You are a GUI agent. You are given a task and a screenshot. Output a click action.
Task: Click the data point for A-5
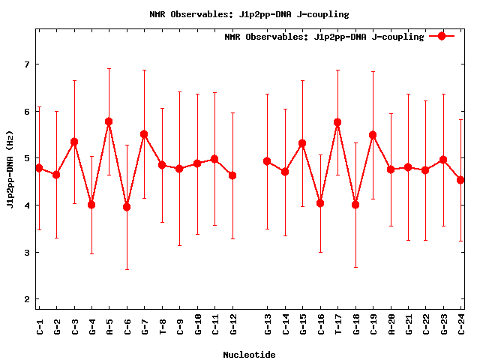point(109,121)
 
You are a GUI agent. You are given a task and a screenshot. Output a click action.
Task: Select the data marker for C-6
point(127,207)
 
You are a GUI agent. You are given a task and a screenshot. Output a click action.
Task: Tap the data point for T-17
point(337,122)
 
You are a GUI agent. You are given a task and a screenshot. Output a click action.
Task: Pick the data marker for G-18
point(355,205)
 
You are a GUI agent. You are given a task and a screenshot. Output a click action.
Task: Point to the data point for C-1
point(39,168)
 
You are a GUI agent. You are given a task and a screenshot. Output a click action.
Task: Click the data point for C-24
point(460,180)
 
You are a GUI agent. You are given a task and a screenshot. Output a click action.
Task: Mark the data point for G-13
point(267,161)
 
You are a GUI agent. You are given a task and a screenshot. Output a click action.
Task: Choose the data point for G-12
point(232,175)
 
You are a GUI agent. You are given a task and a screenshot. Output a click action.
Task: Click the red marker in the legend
point(442,36)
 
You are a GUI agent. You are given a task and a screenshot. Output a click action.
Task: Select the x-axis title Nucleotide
point(249,355)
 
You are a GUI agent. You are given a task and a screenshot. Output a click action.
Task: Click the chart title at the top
point(249,14)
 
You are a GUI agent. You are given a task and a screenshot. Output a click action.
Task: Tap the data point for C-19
point(373,136)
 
